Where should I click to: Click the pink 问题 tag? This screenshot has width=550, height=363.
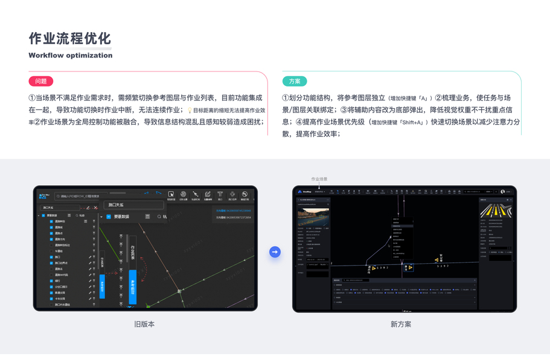pos(41,81)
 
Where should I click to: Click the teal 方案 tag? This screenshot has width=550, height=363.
pos(295,81)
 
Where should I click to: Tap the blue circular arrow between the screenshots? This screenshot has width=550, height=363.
pos(275,252)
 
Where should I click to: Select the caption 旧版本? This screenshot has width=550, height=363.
pos(144,324)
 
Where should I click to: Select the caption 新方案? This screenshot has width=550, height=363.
pos(401,324)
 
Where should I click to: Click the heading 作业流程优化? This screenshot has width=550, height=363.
pos(70,39)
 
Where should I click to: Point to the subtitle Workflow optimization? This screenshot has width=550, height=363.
pos(70,56)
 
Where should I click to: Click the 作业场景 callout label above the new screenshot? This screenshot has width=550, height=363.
pos(319,179)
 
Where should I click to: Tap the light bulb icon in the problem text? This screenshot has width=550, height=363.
pos(190,111)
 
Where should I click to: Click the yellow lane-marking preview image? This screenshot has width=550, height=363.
pos(495,211)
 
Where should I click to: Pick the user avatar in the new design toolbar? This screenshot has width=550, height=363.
pos(502,192)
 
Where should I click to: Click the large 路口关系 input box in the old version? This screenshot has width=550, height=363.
pos(134,206)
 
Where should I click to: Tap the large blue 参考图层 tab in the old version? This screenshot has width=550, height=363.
pos(133,287)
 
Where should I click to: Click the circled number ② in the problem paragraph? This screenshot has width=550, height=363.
pos(37,122)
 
